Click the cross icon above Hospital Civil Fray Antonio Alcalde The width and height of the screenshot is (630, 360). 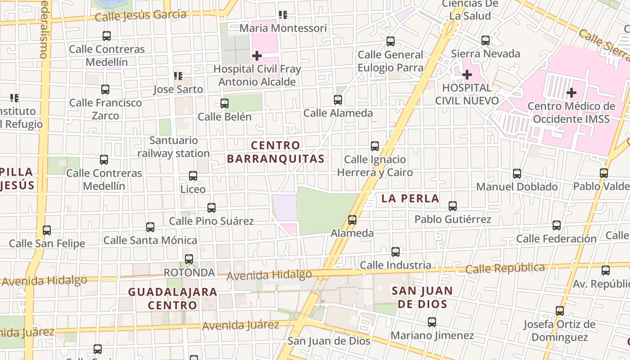pos(257,56)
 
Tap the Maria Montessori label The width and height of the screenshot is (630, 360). pos(283,28)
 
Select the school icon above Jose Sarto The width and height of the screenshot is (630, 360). pos(178,76)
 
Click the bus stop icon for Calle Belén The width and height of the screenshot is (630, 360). pos(225,103)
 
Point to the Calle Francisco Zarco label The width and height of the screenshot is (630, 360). pos(105,109)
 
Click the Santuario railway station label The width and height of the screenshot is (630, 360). pos(174,147)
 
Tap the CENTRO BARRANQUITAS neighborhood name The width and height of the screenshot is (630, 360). pos(275,152)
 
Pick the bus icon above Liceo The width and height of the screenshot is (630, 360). pos(193,176)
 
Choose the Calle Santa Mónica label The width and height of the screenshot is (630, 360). pos(150,241)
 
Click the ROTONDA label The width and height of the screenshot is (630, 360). pos(189,273)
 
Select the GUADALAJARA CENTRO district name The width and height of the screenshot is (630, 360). pos(173,298)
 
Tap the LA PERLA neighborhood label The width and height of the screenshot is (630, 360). pos(410,198)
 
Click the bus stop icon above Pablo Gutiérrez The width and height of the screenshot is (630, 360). pos(453,206)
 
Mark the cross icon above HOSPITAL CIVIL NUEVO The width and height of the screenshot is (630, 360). pos(467,74)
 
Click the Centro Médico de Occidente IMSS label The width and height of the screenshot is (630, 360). pos(571,112)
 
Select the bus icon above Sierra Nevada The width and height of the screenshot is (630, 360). pos(486,40)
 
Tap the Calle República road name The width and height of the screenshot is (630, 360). pos(505,269)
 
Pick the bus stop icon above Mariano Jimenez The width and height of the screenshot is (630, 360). pos(432,322)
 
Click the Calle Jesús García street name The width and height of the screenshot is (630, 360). pos(141,16)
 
